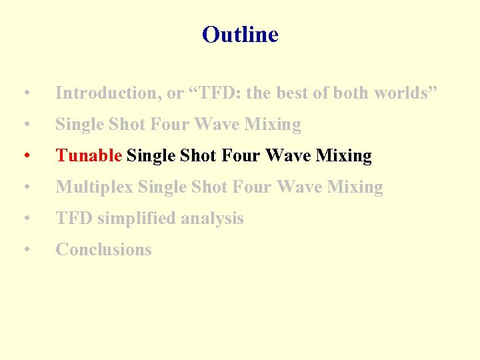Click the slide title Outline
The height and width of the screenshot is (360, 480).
(240, 34)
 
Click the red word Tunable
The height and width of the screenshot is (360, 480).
(89, 156)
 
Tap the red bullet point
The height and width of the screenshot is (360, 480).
(25, 156)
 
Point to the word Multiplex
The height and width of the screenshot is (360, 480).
(95, 187)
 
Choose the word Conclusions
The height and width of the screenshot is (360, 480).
(103, 250)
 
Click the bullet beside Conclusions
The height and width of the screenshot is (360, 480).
(25, 250)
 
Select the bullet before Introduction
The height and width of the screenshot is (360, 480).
(25, 93)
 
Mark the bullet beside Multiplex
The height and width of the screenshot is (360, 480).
(25, 187)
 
